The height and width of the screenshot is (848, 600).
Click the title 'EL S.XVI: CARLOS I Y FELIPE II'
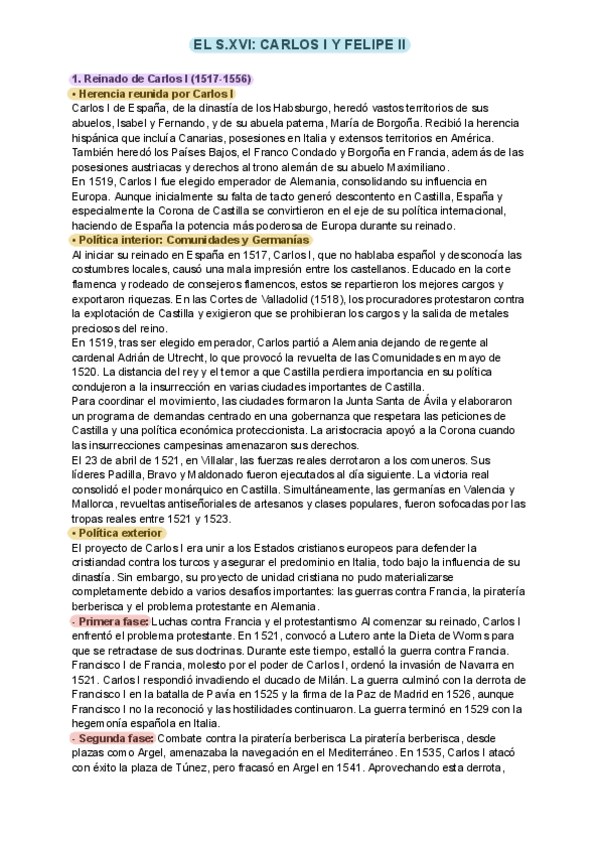300,46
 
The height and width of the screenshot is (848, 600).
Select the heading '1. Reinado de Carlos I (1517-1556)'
160,78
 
